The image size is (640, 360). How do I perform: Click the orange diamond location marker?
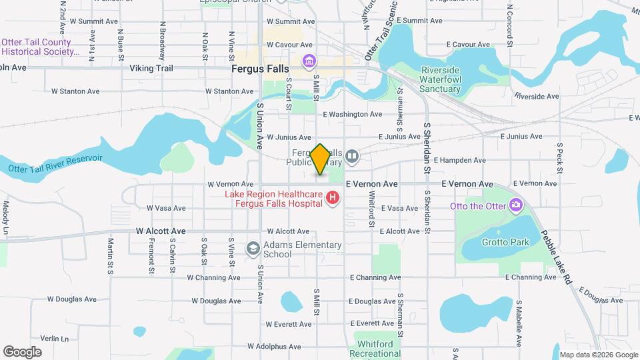pyautogui.click(x=320, y=159)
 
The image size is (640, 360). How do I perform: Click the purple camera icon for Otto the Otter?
pyautogui.click(x=515, y=205)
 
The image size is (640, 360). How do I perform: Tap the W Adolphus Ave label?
pyautogui.click(x=274, y=347)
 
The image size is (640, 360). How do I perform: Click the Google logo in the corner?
pyautogui.click(x=23, y=351)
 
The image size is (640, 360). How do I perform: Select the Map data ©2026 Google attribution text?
pyautogui.click(x=598, y=355)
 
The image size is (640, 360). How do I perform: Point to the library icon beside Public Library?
pyautogui.click(x=352, y=157)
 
